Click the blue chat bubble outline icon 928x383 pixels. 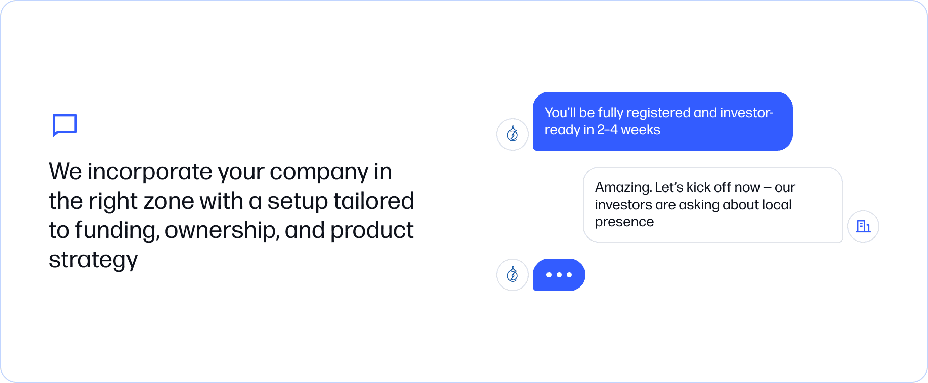pos(65,116)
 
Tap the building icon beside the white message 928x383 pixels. pos(863,226)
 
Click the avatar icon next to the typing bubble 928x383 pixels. pos(513,275)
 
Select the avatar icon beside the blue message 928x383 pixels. pos(513,134)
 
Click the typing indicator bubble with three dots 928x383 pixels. pos(559,275)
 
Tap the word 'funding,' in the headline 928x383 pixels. pos(117,230)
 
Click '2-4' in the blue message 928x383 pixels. pos(607,130)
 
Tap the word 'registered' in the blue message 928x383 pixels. pos(658,113)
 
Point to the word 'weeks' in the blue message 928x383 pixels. pos(641,130)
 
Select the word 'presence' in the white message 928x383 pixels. pos(624,223)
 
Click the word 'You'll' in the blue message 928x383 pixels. pos(560,113)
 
